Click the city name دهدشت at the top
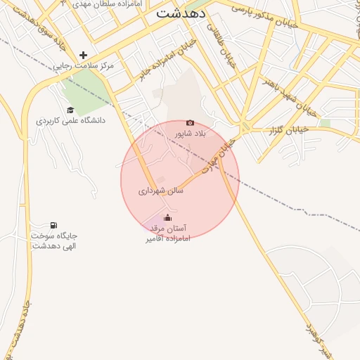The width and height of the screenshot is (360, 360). point(181,13)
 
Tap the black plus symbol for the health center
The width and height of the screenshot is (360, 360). point(83,54)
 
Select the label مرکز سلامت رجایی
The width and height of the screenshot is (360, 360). point(87,65)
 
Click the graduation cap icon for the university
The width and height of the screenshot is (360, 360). point(70,110)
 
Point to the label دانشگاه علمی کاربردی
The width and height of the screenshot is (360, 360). point(70,120)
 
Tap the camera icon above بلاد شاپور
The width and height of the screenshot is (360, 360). point(190,122)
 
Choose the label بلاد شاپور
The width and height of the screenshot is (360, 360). point(191,133)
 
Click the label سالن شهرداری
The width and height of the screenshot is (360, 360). point(160,190)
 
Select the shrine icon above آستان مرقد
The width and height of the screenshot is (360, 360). point(167,217)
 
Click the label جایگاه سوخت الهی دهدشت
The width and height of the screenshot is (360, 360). point(54,240)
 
